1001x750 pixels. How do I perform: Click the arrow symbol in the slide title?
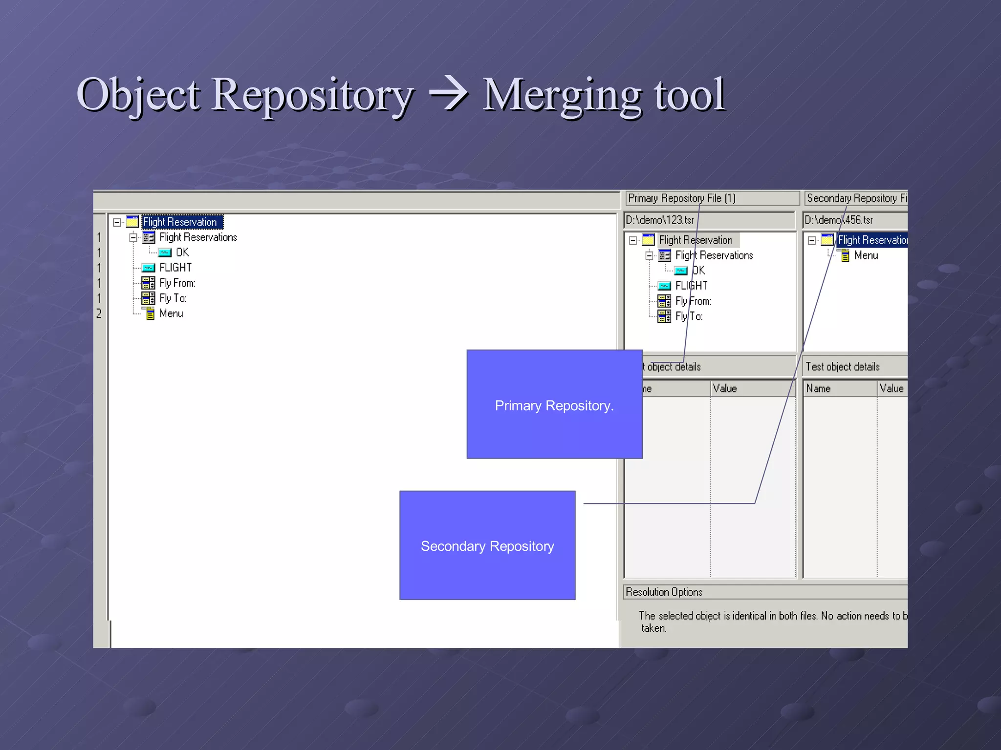pyautogui.click(x=449, y=94)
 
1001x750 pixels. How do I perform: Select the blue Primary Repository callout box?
pyautogui.click(x=554, y=405)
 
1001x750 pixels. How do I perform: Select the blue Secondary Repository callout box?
pyautogui.click(x=487, y=545)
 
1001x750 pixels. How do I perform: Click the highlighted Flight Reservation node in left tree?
pyautogui.click(x=180, y=222)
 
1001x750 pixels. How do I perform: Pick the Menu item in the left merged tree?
pyautogui.click(x=171, y=313)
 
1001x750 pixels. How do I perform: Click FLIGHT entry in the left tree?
pyautogui.click(x=175, y=268)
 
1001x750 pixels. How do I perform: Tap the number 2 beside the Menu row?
pyautogui.click(x=99, y=313)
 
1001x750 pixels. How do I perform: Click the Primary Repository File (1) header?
pyautogui.click(x=681, y=198)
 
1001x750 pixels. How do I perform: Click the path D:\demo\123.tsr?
pyautogui.click(x=660, y=220)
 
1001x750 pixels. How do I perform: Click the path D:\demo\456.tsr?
pyautogui.click(x=839, y=220)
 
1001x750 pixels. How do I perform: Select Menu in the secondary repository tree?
pyautogui.click(x=866, y=255)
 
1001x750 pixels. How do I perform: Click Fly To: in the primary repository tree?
pyautogui.click(x=689, y=316)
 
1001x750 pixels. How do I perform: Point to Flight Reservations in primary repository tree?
pyautogui.click(x=714, y=255)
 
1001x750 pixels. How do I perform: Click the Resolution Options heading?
pyautogui.click(x=664, y=592)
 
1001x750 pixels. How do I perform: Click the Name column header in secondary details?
pyautogui.click(x=819, y=389)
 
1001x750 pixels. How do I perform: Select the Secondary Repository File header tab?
pyautogui.click(x=855, y=198)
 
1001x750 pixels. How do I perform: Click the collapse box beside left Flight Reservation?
pyautogui.click(x=117, y=223)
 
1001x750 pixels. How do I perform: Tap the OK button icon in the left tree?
pyautogui.click(x=165, y=252)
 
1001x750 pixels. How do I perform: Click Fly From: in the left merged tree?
pyautogui.click(x=177, y=283)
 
